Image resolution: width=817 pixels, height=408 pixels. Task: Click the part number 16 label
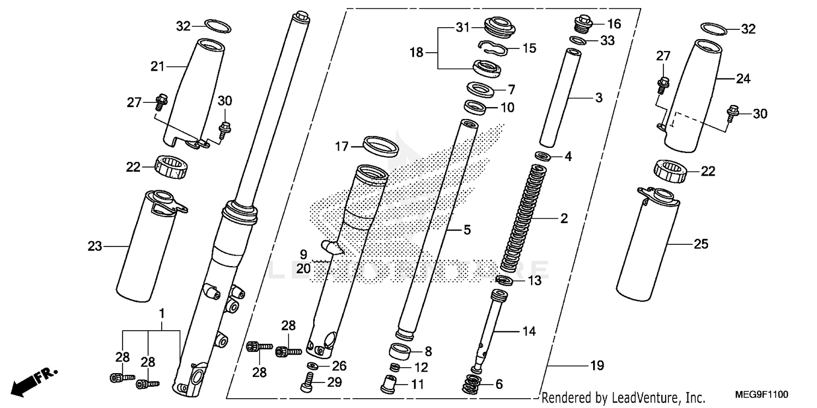(614, 23)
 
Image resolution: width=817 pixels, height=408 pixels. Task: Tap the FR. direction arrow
(33, 381)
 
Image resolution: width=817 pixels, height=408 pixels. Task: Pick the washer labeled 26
(313, 366)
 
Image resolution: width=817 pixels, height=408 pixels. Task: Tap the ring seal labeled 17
(380, 145)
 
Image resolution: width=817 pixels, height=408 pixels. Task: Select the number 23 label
(95, 246)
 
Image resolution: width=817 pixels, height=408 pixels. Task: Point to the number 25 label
(701, 244)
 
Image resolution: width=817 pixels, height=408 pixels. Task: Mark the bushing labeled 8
(400, 351)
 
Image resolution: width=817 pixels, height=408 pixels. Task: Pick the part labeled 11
(391, 384)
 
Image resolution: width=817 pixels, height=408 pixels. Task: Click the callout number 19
(597, 366)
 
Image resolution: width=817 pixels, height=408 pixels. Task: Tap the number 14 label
(529, 331)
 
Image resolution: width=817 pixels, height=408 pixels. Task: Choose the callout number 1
(162, 313)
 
